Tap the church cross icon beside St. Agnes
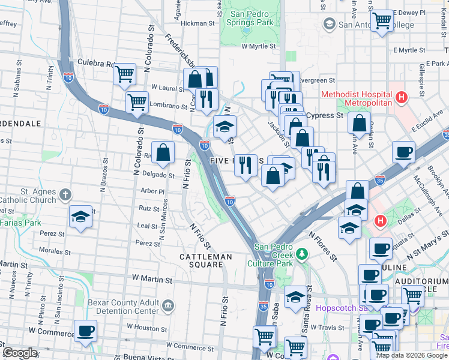65,195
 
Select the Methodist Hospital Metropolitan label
357,98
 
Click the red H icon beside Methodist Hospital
402,96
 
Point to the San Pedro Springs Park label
251,19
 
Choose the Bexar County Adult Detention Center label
124,308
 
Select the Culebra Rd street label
96,63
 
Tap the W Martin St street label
152,280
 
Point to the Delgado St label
158,175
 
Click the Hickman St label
197,23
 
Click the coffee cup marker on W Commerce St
85,331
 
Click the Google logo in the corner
20,353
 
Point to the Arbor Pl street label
152,191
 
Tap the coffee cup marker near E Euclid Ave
403,151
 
